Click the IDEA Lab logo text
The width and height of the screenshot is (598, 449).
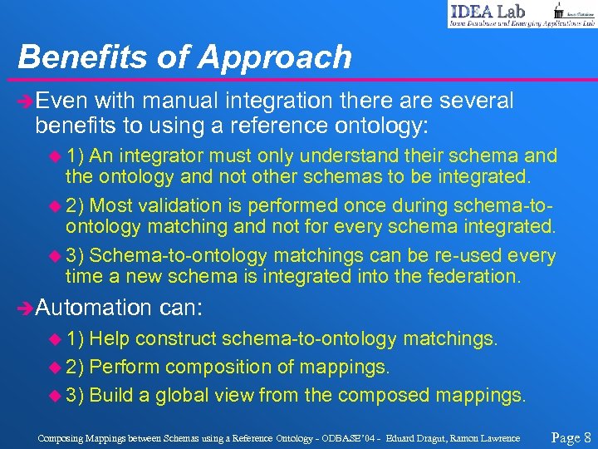pyautogui.click(x=489, y=11)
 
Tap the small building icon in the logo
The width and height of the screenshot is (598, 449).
pyautogui.click(x=559, y=10)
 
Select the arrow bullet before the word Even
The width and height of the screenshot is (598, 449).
pyautogui.click(x=26, y=102)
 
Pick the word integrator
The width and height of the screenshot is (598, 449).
pyautogui.click(x=162, y=155)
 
